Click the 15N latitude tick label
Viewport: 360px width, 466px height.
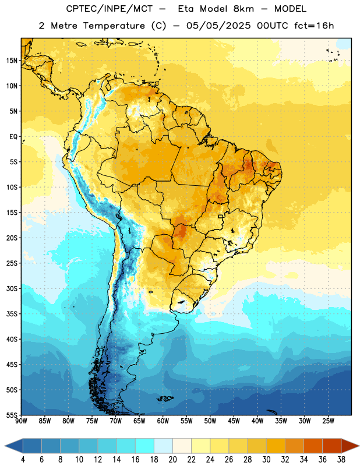(x=12, y=61)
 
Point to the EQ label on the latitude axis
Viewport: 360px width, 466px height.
(x=13, y=137)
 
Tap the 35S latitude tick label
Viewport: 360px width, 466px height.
(x=12, y=314)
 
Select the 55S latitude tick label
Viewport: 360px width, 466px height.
(x=12, y=415)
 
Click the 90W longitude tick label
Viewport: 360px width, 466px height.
(x=21, y=421)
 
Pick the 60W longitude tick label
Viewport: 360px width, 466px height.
(x=163, y=421)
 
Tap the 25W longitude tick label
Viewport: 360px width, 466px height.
(x=328, y=421)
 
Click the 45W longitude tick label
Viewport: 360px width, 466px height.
(x=234, y=421)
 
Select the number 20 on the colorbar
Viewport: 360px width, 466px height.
(x=172, y=460)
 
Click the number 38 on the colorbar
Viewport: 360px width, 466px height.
(x=341, y=460)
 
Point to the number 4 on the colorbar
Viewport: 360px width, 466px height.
(x=23, y=460)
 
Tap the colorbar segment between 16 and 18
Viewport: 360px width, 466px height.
(x=145, y=446)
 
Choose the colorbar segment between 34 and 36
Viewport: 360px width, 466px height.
(x=313, y=446)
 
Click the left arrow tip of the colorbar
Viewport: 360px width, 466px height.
(x=5, y=446)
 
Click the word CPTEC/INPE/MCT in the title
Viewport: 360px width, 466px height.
(x=110, y=9)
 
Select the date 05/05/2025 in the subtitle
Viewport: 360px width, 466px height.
(x=218, y=26)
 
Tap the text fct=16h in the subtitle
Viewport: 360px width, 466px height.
(x=314, y=26)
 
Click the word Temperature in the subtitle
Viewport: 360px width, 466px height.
(x=114, y=26)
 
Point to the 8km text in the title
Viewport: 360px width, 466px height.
(x=243, y=9)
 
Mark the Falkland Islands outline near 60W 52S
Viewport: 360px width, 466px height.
(x=165, y=398)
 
